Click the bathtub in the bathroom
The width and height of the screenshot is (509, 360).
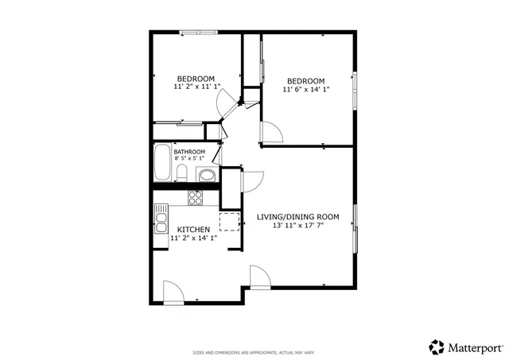pyautogui.click(x=163, y=164)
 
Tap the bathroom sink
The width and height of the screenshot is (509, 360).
pyautogui.click(x=206, y=176)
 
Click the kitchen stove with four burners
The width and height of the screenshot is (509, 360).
pyautogui.click(x=196, y=196)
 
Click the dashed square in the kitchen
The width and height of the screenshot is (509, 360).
pyautogui.click(x=230, y=221)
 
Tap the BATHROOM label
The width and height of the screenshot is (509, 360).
pyautogui.click(x=190, y=152)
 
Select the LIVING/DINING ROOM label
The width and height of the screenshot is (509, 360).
pyautogui.click(x=298, y=216)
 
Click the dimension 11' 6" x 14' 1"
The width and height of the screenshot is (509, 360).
pyautogui.click(x=306, y=90)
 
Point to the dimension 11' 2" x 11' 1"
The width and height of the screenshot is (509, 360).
pyautogui.click(x=196, y=87)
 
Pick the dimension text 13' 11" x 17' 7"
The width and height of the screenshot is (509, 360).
pyautogui.click(x=298, y=225)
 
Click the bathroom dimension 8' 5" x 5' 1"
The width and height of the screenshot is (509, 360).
pyautogui.click(x=190, y=159)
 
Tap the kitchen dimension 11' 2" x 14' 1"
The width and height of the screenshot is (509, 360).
pyautogui.click(x=193, y=238)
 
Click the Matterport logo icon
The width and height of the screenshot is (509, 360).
pyautogui.click(x=437, y=346)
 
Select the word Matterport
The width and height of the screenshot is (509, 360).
pyautogui.click(x=475, y=346)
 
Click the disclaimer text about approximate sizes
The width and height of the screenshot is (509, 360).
pyautogui.click(x=254, y=352)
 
